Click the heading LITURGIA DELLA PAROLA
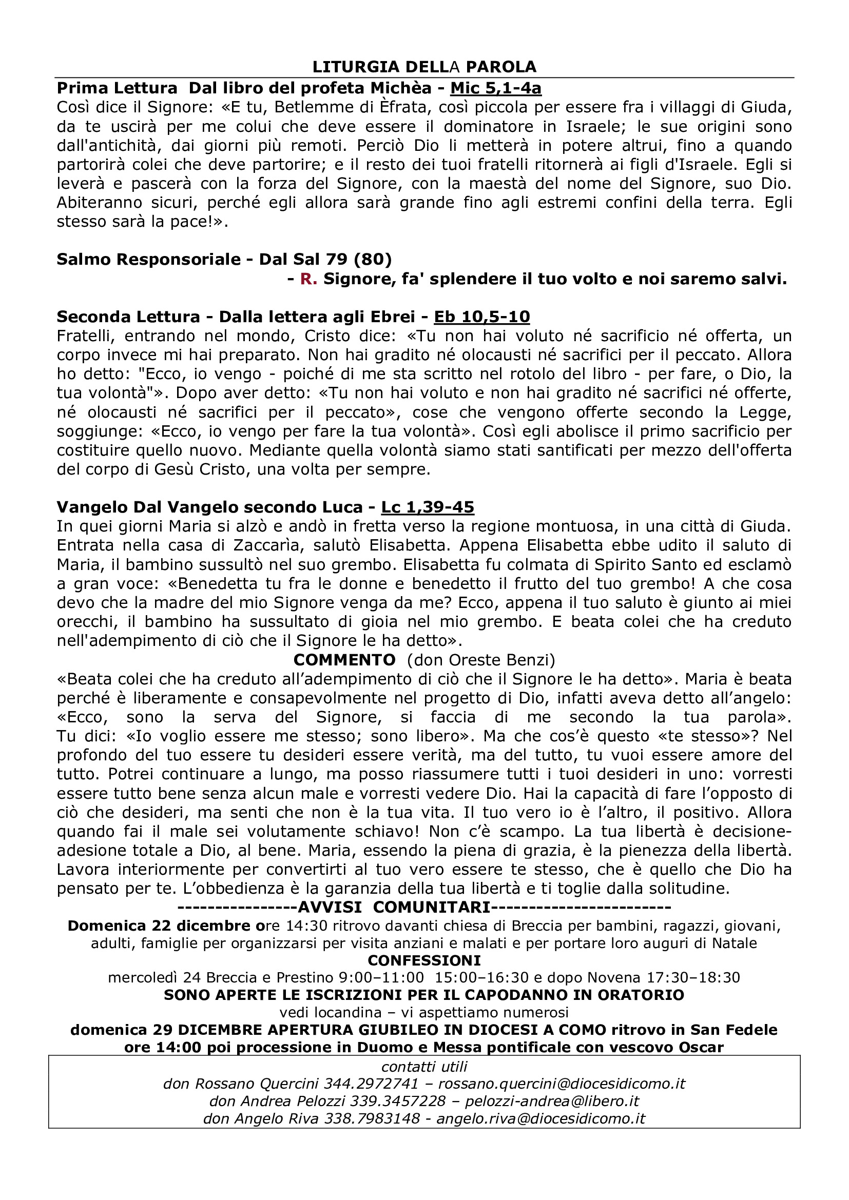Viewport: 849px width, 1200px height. pos(424,67)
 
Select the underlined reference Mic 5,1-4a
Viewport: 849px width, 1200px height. pos(496,88)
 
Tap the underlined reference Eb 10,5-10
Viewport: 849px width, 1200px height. pos(482,317)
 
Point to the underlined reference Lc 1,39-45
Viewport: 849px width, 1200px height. pos(427,507)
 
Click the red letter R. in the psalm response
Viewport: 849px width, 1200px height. pos(308,280)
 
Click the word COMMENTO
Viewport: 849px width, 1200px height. pos(344,660)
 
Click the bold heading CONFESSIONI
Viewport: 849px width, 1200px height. pos(424,960)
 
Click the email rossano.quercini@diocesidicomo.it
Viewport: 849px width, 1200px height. pos(562,1084)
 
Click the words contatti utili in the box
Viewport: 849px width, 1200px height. pos(424,1067)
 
